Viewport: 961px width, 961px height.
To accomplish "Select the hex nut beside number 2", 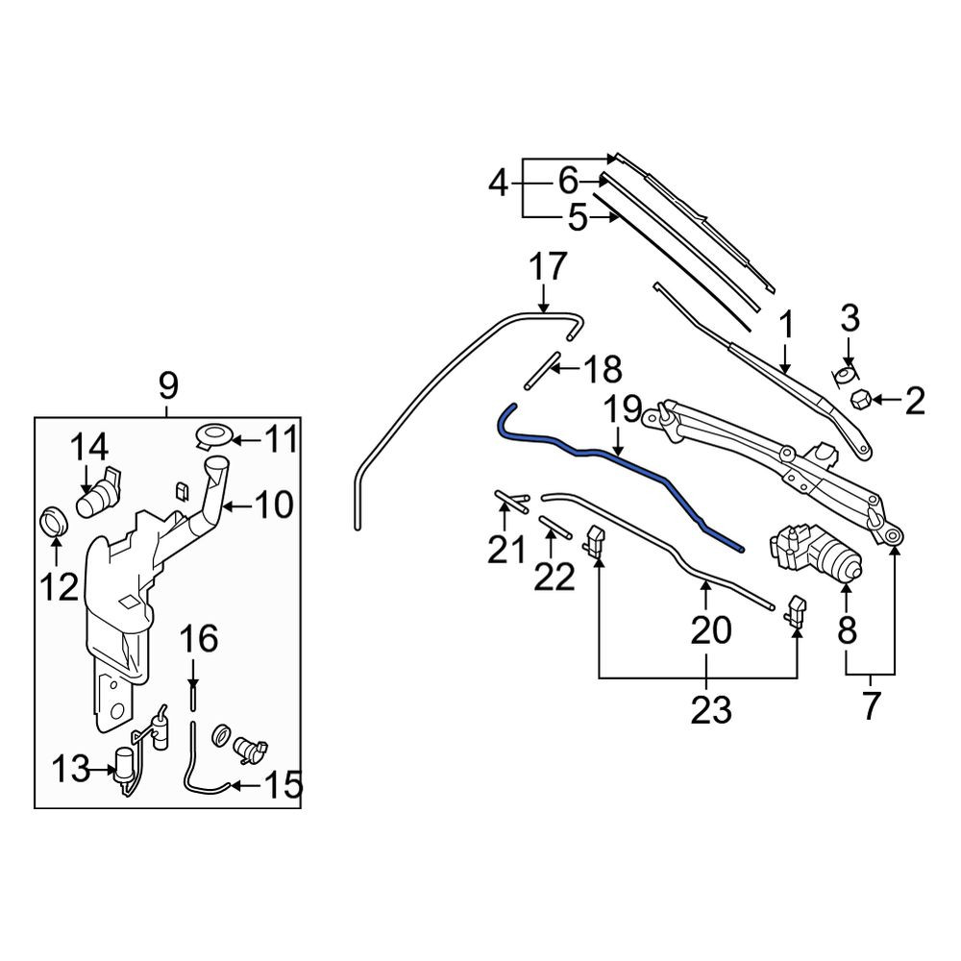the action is click(x=861, y=400).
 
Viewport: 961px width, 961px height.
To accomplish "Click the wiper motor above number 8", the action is click(x=816, y=553).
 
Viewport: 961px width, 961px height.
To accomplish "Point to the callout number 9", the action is click(x=167, y=386).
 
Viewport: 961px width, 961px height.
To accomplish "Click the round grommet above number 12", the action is click(x=54, y=522).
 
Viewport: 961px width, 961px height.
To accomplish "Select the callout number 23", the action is click(x=711, y=710).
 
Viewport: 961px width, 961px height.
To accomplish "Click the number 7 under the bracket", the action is click(x=871, y=704).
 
